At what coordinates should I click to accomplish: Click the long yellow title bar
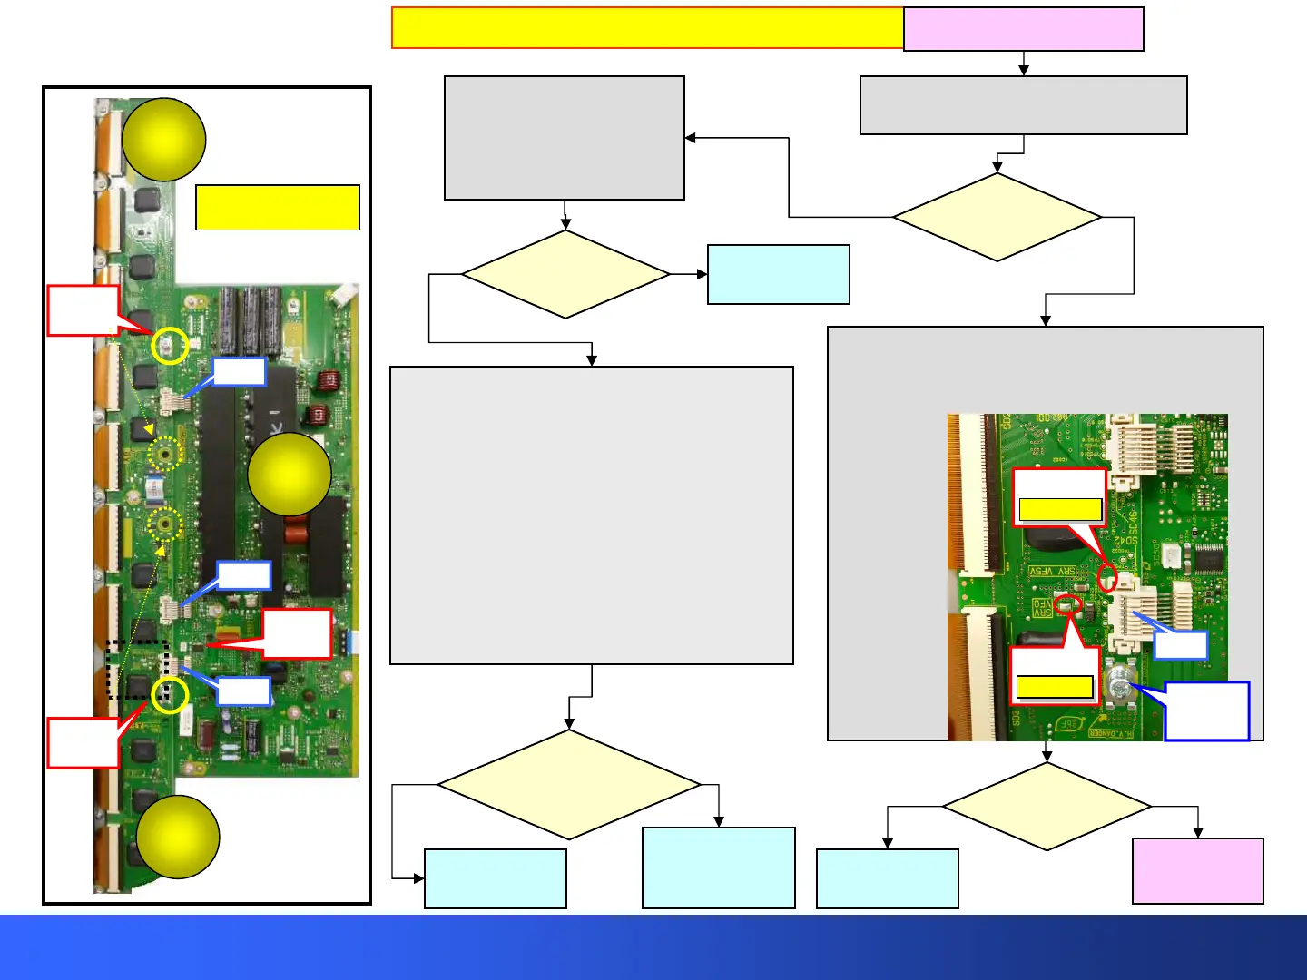647,28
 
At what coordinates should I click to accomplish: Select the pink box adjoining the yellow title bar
1023,29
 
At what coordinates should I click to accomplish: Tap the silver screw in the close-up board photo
1119,687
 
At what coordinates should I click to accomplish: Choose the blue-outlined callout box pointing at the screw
1206,711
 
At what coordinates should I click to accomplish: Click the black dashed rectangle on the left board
138,670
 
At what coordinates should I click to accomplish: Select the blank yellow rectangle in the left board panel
278,208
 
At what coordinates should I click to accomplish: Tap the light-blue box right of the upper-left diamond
778,274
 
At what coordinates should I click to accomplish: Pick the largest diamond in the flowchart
569,785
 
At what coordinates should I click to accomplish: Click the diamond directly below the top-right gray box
997,218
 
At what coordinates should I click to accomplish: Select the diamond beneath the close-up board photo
1047,806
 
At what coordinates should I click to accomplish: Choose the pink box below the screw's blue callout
1197,871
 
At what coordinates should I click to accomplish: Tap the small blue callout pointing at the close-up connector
1180,645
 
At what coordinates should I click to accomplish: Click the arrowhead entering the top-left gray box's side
690,138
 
